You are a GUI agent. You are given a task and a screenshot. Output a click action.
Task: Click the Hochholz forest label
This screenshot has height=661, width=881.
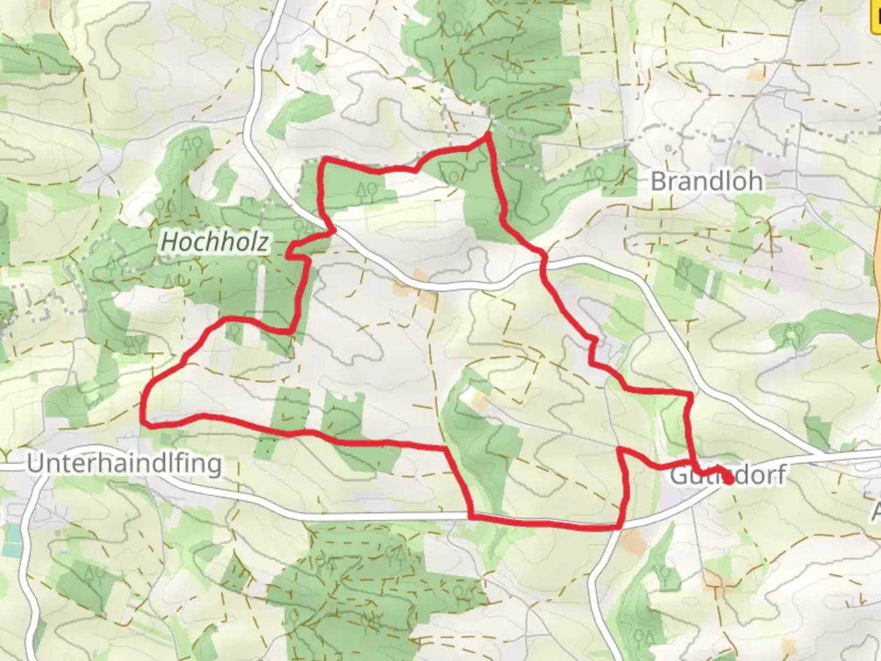pyautogui.click(x=214, y=242)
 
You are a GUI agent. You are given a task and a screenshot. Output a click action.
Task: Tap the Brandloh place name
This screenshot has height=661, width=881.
pyautogui.click(x=707, y=181)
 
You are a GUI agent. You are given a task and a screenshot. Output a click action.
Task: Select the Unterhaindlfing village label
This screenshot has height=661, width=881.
pyautogui.click(x=124, y=464)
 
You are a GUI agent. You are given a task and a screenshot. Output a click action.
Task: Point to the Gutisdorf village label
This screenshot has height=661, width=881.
pyautogui.click(x=728, y=475)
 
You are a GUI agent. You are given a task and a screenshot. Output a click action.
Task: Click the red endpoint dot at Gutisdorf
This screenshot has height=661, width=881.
pyautogui.click(x=729, y=479)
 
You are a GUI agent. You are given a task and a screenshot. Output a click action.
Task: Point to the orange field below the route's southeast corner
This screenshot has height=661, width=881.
pyautogui.click(x=632, y=542)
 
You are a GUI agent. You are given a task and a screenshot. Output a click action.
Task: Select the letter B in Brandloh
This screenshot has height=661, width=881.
pyautogui.click(x=658, y=181)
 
